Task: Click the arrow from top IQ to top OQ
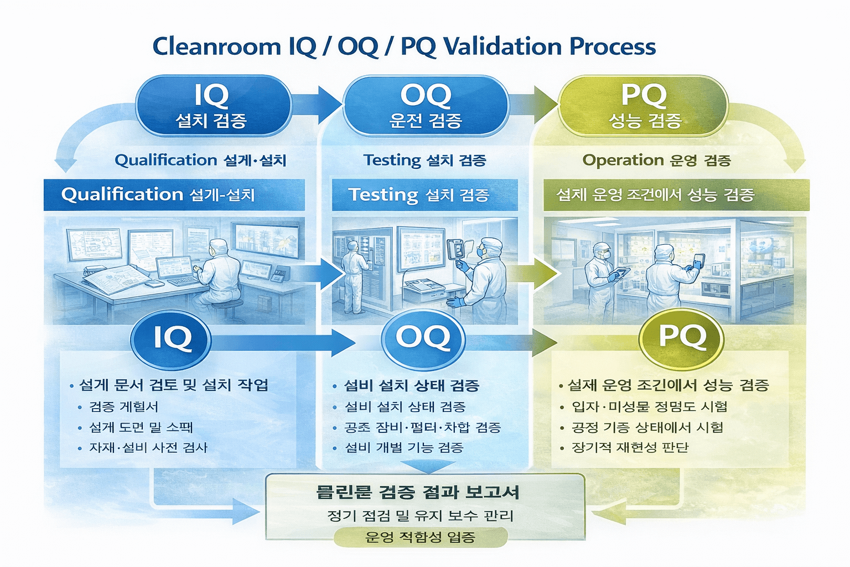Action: coord(317,104)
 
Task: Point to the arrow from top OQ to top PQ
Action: coord(532,104)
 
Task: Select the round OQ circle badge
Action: coord(423,338)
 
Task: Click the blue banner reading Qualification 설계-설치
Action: coord(174,195)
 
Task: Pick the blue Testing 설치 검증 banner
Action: coord(424,195)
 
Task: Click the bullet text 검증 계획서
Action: coord(124,407)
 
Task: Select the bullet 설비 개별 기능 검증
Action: coord(404,447)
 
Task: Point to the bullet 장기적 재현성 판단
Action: coord(630,447)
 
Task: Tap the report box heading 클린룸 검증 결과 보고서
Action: coord(418,492)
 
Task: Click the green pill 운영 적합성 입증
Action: coord(421,537)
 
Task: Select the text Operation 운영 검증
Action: coord(656,161)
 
